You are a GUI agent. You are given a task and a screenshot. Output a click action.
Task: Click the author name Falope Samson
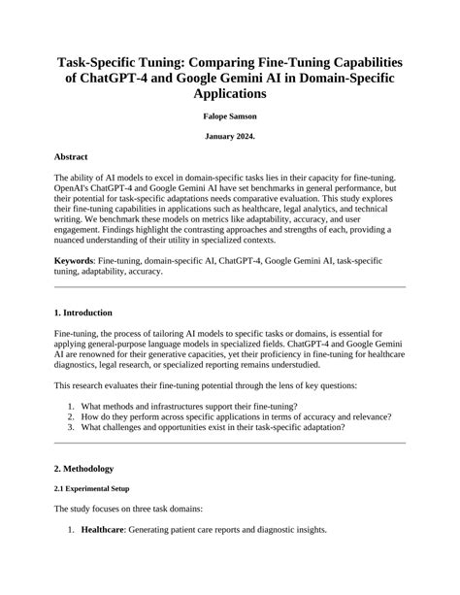(x=230, y=116)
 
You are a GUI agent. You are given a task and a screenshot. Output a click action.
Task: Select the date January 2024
(x=230, y=137)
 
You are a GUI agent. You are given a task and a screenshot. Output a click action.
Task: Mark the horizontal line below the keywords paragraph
(x=230, y=287)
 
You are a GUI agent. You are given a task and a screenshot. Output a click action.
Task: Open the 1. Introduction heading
(x=83, y=313)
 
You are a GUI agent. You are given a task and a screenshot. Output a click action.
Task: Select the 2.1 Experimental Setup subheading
(x=91, y=488)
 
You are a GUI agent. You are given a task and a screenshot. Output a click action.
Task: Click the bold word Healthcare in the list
(x=108, y=531)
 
